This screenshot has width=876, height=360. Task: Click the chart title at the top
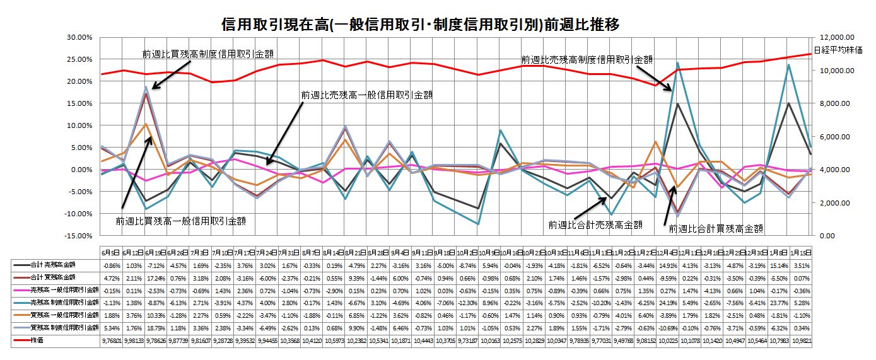421,25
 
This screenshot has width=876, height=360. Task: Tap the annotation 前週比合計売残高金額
595,224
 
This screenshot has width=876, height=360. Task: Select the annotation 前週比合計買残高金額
716,228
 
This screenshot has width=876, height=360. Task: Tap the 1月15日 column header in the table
801,252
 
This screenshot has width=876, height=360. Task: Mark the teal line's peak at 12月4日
677,63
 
